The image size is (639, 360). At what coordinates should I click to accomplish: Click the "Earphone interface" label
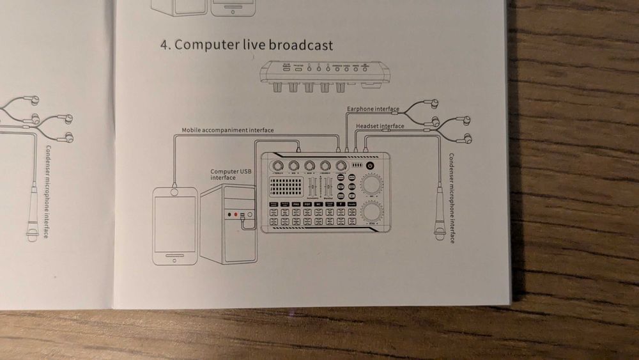[373, 109]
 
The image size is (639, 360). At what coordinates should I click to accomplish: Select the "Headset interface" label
[380, 126]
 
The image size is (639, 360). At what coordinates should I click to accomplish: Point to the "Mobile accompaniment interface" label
[227, 130]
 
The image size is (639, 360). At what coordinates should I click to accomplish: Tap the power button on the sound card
[370, 166]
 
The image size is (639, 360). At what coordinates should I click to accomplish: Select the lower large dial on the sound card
[371, 211]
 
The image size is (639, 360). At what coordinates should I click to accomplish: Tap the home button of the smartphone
[174, 258]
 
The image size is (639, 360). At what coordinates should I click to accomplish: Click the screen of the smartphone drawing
[174, 224]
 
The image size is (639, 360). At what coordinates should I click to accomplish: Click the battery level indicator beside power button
[357, 166]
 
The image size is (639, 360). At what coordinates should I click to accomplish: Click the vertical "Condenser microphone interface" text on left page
[48, 192]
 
